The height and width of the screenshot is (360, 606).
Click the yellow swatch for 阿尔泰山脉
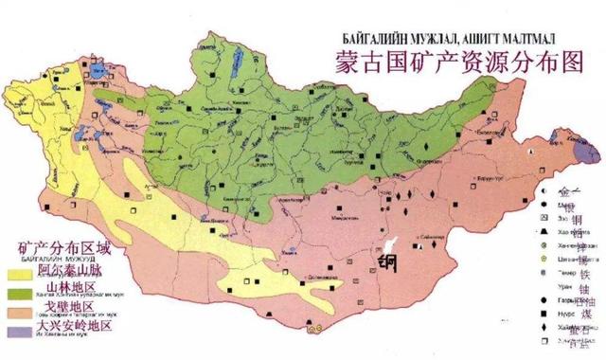pyautogui.click(x=19, y=274)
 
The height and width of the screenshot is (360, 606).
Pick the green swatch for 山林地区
pyautogui.click(x=19, y=295)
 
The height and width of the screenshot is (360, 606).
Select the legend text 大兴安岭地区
pyautogui.click(x=75, y=326)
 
